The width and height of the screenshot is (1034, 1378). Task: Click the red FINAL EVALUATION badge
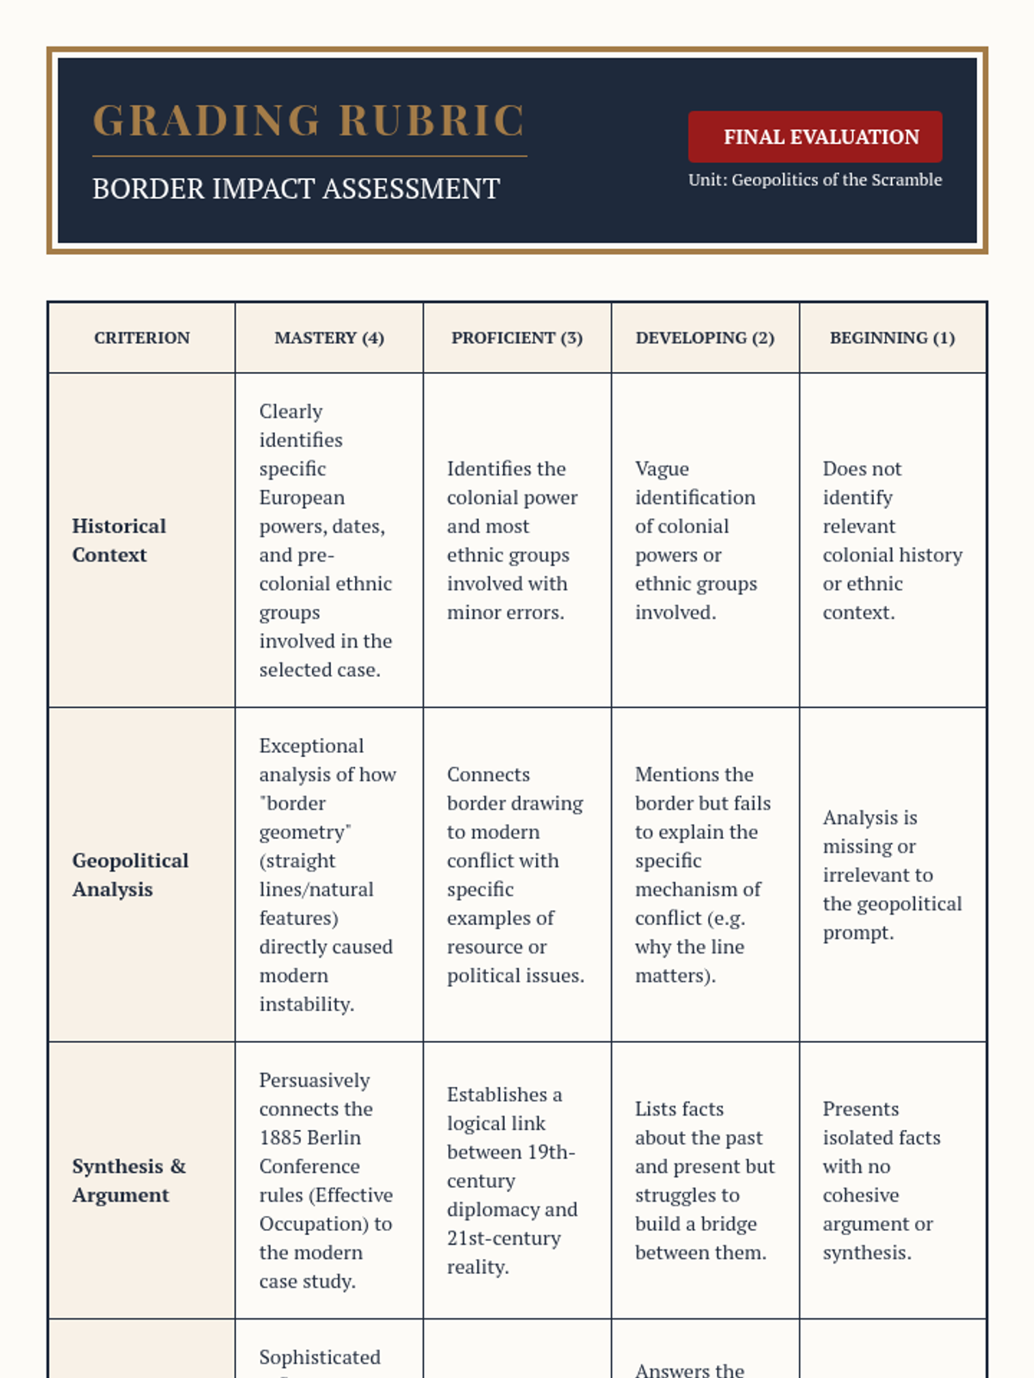[x=814, y=137]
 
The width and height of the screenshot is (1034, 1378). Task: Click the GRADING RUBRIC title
[x=308, y=121]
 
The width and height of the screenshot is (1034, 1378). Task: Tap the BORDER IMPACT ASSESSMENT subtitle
[x=296, y=189]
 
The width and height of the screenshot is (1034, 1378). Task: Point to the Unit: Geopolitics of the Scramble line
[x=814, y=180]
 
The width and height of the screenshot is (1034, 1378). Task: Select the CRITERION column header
[x=141, y=338]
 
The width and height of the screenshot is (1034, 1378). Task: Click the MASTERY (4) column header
[x=329, y=338]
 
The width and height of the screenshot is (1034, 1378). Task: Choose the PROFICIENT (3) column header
[x=517, y=338]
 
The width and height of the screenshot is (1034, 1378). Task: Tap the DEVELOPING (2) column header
[x=705, y=338]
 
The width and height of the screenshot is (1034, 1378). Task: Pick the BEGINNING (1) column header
[x=892, y=338]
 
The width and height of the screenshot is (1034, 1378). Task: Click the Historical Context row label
[x=119, y=540]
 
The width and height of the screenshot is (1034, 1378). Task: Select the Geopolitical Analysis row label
[x=130, y=874]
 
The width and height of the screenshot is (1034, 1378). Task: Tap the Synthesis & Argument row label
[x=128, y=1180]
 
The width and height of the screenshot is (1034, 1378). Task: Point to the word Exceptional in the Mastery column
[x=311, y=746]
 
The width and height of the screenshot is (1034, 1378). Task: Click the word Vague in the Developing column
[x=662, y=469]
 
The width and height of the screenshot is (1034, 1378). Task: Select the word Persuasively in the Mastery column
[x=315, y=1080]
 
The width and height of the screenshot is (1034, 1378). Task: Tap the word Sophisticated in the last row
[x=320, y=1357]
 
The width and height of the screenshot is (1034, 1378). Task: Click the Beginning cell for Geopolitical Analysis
[x=892, y=874]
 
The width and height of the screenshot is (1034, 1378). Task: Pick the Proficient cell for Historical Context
[x=514, y=540]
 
